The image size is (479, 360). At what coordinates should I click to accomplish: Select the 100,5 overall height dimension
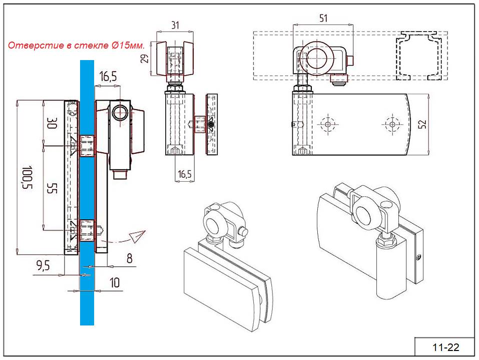tap(27, 177)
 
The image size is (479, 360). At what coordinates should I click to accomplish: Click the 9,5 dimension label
tap(44, 266)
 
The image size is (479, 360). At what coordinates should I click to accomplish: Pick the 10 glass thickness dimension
tap(115, 283)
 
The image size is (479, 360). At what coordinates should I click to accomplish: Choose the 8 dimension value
tap(129, 258)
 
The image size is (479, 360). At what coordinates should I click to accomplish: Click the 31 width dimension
tap(174, 24)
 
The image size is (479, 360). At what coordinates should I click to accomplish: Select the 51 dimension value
tap(323, 18)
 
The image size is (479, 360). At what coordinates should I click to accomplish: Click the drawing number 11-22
tap(445, 347)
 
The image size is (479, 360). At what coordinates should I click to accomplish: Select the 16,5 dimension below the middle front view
tap(184, 174)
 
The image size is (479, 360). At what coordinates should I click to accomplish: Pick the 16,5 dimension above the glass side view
tap(108, 77)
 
